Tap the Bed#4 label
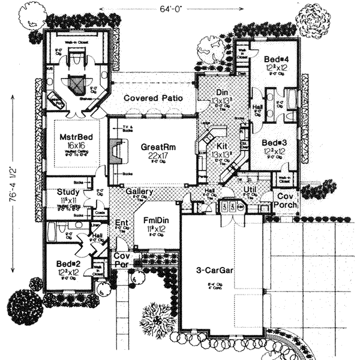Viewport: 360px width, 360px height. [276, 60]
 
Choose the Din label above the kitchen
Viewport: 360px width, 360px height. [221, 93]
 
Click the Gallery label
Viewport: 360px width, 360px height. [140, 192]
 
